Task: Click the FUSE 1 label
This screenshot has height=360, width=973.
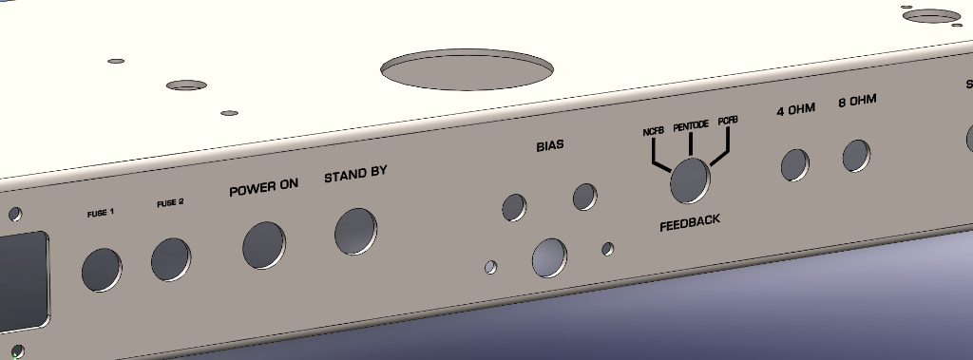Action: [x=101, y=214]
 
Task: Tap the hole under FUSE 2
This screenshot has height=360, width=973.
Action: [x=171, y=259]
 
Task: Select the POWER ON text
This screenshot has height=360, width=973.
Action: [x=264, y=187]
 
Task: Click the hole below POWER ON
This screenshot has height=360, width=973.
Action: [x=264, y=245]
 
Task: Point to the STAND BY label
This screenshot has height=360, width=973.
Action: [x=355, y=174]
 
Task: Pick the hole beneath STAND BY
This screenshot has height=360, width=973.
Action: [x=355, y=232]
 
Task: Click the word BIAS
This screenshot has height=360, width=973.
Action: [x=550, y=145]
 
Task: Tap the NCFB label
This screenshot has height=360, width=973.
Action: [x=654, y=131]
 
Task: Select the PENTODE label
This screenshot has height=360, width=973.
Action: [x=691, y=125]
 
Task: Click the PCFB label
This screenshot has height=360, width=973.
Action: [x=728, y=121]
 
